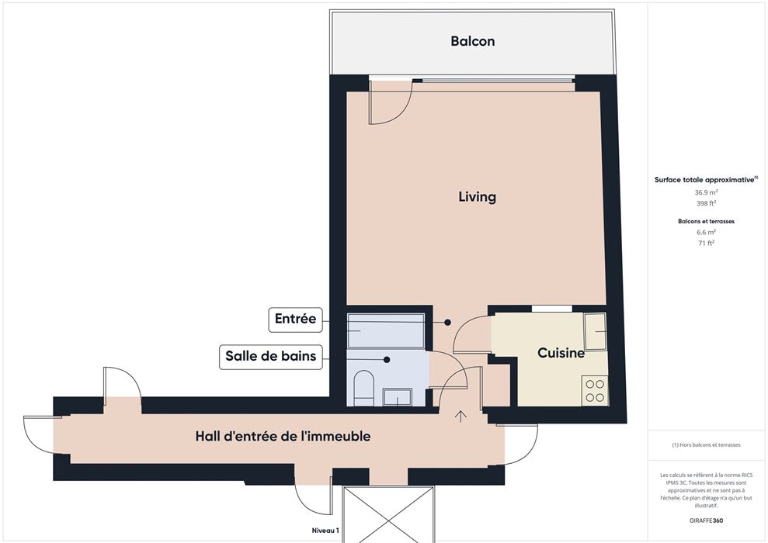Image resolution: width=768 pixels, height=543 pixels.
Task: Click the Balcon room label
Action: click(473, 41)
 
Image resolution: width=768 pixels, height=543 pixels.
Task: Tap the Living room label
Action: click(478, 197)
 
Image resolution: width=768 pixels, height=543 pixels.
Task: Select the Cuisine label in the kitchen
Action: click(561, 353)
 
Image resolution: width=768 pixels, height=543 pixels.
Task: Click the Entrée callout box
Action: click(295, 319)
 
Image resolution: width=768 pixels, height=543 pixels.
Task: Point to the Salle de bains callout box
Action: click(271, 356)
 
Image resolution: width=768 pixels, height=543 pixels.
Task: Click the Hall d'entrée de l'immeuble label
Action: click(283, 436)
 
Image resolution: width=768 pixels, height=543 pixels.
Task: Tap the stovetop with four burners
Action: click(595, 390)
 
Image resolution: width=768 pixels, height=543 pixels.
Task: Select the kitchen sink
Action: click(596, 332)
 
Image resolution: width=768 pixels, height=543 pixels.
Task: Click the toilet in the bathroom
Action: click(363, 389)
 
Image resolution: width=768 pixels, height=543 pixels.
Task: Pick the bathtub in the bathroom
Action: click(385, 330)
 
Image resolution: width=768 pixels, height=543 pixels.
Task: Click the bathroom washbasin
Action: click(398, 396)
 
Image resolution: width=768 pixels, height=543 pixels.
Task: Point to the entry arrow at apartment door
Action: click(460, 416)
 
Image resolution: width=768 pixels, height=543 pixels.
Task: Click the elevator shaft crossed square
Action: click(388, 514)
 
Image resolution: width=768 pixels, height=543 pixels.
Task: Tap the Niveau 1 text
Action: click(325, 531)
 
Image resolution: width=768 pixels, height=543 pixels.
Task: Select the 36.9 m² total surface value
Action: click(707, 192)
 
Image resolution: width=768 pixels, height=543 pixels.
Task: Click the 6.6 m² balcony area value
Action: click(707, 232)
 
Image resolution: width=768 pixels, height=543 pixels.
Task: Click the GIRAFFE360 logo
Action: click(706, 521)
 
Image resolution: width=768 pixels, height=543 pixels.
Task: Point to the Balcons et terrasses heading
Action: click(707, 221)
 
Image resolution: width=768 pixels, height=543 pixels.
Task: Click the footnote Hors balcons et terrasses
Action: click(707, 444)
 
